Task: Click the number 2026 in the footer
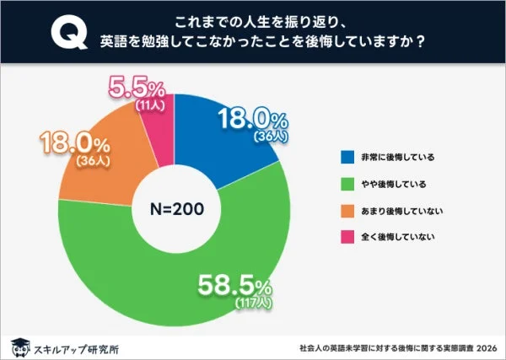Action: (x=487, y=347)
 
